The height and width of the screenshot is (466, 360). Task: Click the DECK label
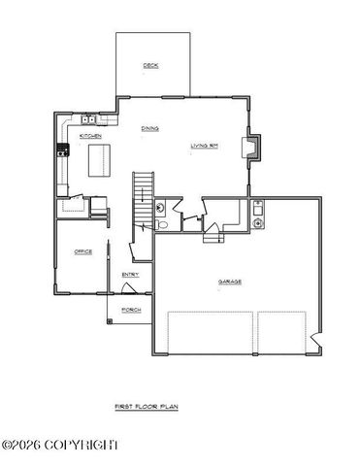(149, 66)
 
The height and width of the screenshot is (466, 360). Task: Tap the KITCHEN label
(90, 136)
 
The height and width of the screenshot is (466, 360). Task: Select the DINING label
(150, 127)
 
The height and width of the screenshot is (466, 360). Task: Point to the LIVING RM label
(205, 146)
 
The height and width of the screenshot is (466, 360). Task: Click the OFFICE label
(82, 252)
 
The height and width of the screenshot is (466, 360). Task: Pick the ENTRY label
(130, 274)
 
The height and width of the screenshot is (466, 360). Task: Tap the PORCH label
(129, 310)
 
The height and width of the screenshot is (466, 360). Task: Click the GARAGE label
(229, 282)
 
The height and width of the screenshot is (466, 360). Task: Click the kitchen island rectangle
(96, 159)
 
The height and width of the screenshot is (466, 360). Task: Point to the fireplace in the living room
(254, 146)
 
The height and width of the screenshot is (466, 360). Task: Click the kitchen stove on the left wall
(62, 150)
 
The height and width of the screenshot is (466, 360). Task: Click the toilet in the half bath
(163, 224)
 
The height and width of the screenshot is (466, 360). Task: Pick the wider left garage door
(212, 333)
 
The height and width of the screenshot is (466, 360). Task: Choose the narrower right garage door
(283, 333)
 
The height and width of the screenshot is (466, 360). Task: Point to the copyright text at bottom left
(60, 445)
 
